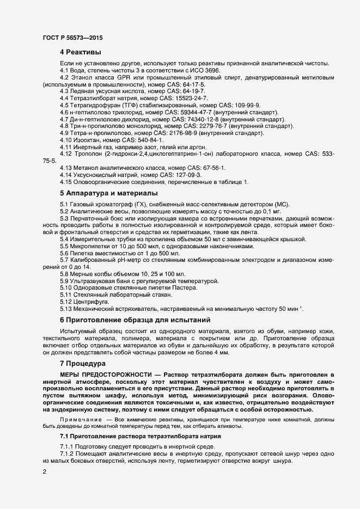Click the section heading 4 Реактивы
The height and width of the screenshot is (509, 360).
tap(80, 52)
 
